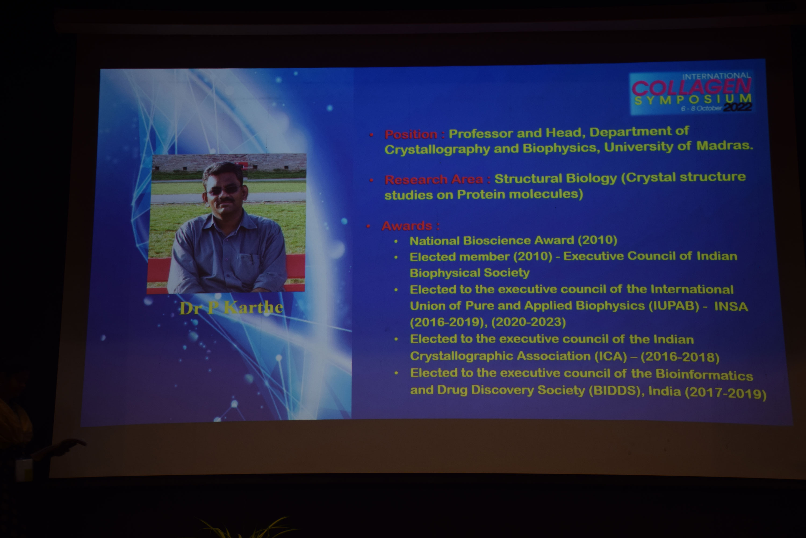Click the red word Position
pyautogui.click(x=411, y=134)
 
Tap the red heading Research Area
pyautogui.click(x=434, y=179)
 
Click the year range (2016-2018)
pyautogui.click(x=680, y=357)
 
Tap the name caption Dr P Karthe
pyautogui.click(x=231, y=308)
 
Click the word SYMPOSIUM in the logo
pyautogui.click(x=693, y=100)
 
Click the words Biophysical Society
pyautogui.click(x=469, y=273)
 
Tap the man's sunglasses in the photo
pyautogui.click(x=223, y=189)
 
